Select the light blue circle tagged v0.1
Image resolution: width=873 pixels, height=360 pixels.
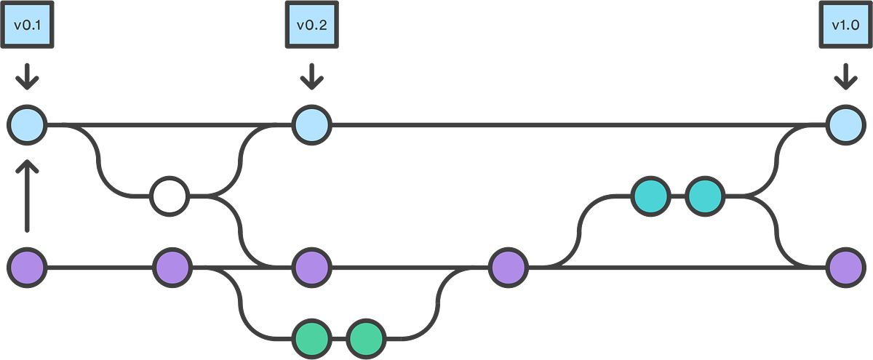click(27, 125)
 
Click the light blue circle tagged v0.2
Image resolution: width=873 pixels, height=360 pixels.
click(311, 125)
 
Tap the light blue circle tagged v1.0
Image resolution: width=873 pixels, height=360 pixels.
click(845, 125)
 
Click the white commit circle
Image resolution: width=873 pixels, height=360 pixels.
click(170, 196)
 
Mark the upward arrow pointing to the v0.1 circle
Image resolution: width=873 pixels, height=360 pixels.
click(27, 196)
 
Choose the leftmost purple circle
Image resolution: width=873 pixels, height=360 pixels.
click(27, 267)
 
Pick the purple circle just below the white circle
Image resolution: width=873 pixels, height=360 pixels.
click(172, 267)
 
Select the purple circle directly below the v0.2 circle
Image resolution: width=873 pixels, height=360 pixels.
click(311, 267)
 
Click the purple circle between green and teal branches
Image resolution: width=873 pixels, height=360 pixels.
click(508, 267)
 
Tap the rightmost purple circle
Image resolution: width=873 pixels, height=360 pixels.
click(845, 267)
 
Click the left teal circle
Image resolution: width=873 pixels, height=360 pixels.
click(650, 196)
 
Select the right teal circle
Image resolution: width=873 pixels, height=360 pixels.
click(705, 196)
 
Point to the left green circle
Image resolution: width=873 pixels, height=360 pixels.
click(313, 338)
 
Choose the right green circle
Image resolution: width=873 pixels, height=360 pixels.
click(367, 338)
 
